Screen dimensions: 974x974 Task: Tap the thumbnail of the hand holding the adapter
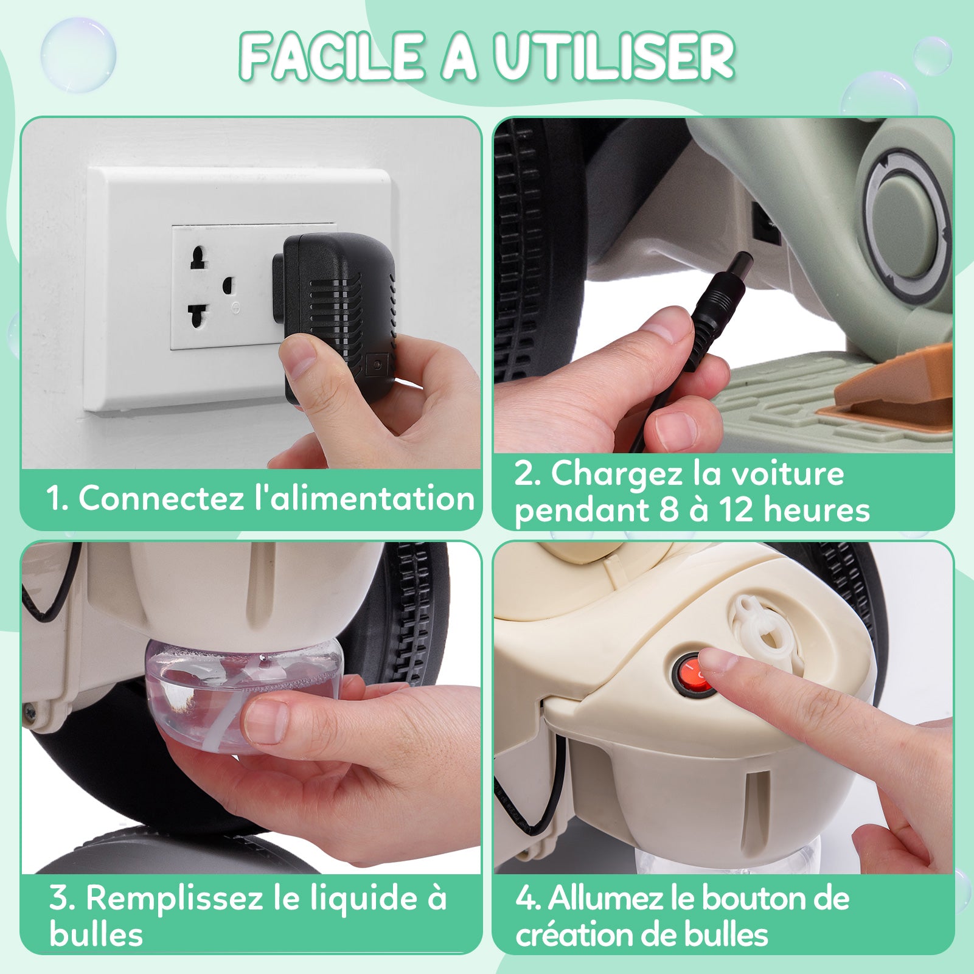pos(251,293)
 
